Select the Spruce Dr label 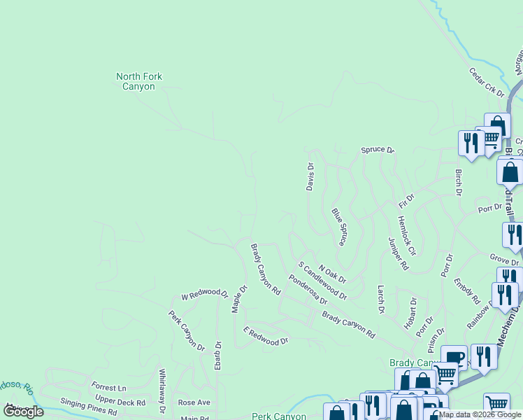pos(378,150)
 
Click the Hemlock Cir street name pos(406,235)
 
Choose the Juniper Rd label pos(398,253)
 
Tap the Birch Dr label pos(459,182)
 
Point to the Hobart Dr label pos(410,314)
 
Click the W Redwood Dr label pos(205,294)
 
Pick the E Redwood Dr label pos(266,335)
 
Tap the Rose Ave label pos(194,402)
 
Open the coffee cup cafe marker pos(454,358)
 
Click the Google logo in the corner pos(24,412)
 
